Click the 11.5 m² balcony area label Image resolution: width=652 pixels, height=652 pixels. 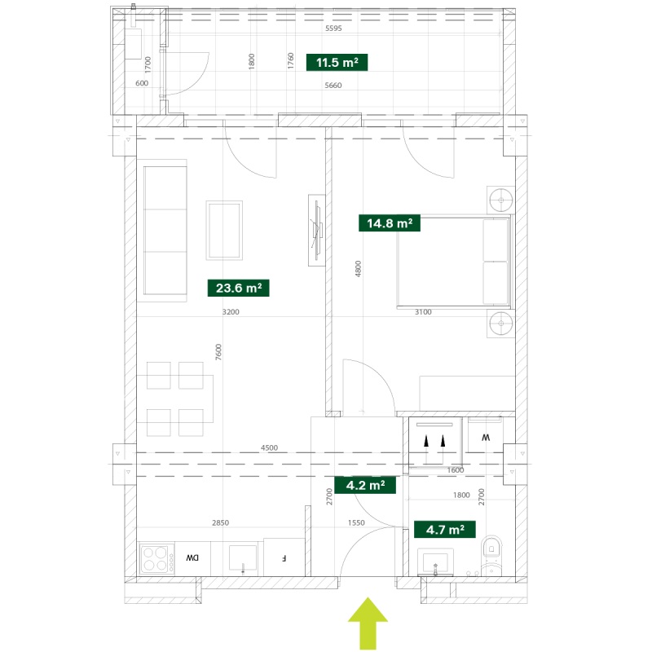337,63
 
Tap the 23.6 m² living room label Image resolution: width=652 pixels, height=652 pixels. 238,288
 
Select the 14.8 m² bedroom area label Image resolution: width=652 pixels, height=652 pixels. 390,223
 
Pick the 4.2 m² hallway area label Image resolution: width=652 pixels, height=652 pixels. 365,485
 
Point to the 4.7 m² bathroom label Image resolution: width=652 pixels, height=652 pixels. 445,529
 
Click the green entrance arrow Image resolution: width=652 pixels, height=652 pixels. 368,623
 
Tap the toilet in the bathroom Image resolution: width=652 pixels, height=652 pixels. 491,556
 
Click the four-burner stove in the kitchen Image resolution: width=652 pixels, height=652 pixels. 156,558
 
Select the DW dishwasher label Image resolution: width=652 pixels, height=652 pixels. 192,558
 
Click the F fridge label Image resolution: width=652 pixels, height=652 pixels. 284,558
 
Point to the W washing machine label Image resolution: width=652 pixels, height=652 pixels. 486,438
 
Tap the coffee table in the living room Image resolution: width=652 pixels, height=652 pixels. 224,231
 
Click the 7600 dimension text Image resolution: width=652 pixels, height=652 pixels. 218,352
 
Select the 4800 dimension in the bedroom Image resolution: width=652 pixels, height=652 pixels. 358,269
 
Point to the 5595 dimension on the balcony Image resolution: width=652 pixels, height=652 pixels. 333,29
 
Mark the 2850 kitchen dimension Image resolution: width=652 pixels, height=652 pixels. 220,522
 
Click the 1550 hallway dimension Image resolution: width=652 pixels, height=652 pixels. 356,522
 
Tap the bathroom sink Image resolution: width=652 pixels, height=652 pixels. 435,562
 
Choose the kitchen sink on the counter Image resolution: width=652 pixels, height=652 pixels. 243,558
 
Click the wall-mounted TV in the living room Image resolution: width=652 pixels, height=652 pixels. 317,231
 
